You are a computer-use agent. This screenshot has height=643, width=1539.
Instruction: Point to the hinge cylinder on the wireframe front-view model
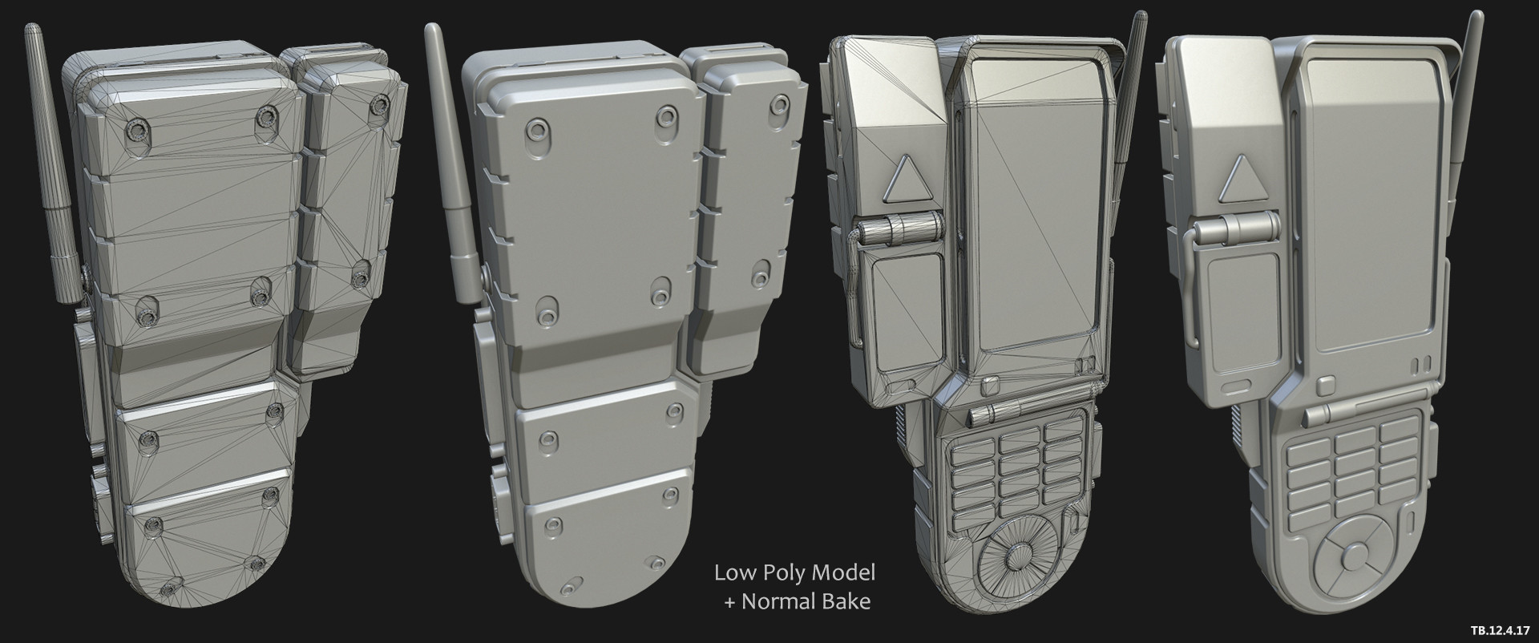pyautogui.click(x=895, y=233)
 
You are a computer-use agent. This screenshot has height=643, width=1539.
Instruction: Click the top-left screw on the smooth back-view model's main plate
pyautogui.click(x=533, y=130)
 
